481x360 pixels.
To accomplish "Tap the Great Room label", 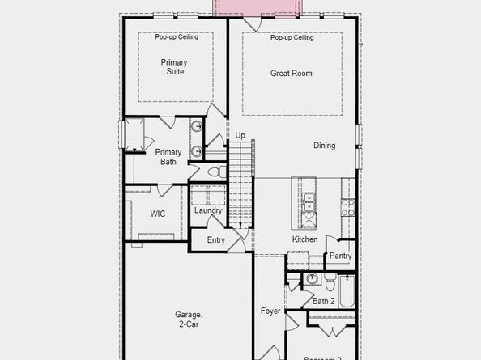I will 292,74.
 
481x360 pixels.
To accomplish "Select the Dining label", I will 325,146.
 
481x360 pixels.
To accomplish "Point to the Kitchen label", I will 305,239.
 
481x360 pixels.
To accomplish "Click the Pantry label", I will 341,256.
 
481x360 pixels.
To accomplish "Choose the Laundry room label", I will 208,211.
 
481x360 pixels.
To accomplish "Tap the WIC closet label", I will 158,214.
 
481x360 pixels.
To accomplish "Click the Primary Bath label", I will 168,157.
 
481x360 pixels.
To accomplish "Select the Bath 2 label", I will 324,301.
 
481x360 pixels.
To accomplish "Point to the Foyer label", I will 270,311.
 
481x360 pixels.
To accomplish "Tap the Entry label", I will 215,240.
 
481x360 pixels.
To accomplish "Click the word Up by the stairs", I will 240,135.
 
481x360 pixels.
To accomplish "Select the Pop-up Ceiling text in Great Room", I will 292,37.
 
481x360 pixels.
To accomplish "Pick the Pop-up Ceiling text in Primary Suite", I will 176,37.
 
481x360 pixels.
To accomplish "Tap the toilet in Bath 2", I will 330,285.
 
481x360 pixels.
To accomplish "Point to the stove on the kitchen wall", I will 347,207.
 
